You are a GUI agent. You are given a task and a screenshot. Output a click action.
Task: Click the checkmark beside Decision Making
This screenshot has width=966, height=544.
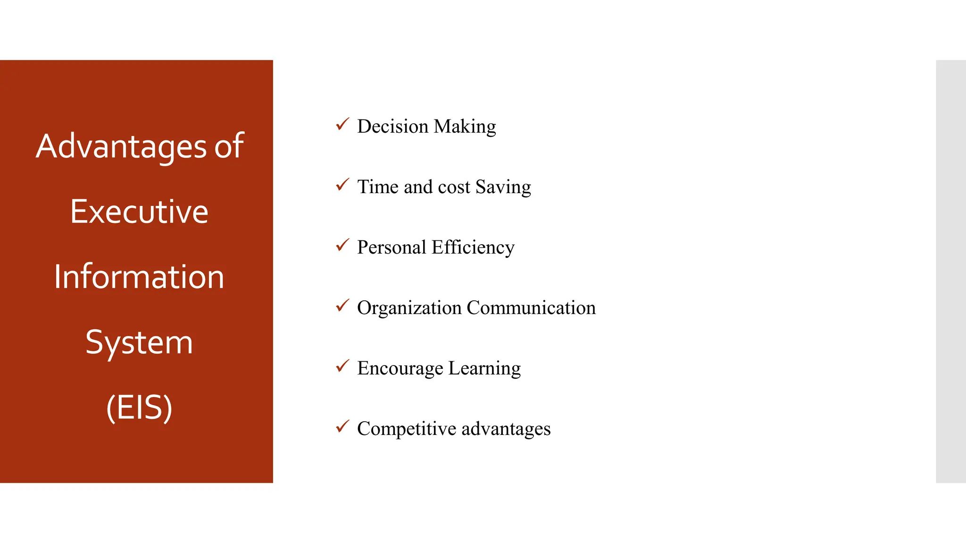pyautogui.click(x=342, y=125)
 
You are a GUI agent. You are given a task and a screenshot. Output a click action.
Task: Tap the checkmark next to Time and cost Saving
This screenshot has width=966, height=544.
pyautogui.click(x=342, y=185)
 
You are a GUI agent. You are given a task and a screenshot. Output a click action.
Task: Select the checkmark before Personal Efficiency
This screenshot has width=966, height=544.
pyautogui.click(x=342, y=246)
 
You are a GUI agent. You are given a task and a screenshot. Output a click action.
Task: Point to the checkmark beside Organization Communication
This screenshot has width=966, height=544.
pyautogui.click(x=342, y=306)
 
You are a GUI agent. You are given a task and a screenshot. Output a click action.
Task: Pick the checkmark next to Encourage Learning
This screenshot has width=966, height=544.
pyautogui.click(x=342, y=366)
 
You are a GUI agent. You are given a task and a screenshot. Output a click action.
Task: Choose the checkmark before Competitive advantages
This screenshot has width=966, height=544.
pyautogui.click(x=342, y=427)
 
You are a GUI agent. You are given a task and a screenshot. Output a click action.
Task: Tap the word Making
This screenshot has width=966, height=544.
pyautogui.click(x=465, y=127)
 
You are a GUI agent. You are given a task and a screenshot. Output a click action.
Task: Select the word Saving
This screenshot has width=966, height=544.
pyautogui.click(x=503, y=187)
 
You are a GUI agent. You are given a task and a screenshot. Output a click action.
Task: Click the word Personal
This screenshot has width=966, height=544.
pyautogui.click(x=391, y=247)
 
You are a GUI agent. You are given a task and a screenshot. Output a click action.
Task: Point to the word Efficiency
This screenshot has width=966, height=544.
pyautogui.click(x=473, y=247)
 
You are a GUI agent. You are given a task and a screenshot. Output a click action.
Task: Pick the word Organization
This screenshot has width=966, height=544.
pyautogui.click(x=409, y=308)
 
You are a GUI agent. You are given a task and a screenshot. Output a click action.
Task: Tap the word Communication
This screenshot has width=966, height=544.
pyautogui.click(x=531, y=308)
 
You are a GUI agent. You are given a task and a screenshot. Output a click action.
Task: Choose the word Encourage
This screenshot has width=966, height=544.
pyautogui.click(x=400, y=368)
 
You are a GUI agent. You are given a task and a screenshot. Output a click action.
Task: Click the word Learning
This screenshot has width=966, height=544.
pyautogui.click(x=484, y=368)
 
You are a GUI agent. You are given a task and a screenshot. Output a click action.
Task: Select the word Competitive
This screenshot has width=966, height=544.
pyautogui.click(x=407, y=429)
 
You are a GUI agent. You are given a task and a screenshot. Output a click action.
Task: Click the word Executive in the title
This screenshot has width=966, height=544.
pyautogui.click(x=139, y=212)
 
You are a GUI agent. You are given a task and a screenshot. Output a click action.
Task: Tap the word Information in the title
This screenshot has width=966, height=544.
pyautogui.click(x=139, y=277)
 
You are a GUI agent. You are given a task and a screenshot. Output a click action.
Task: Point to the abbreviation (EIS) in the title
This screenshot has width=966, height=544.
pyautogui.click(x=139, y=407)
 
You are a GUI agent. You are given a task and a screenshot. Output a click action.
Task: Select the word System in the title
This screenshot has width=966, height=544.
pyautogui.click(x=139, y=342)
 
